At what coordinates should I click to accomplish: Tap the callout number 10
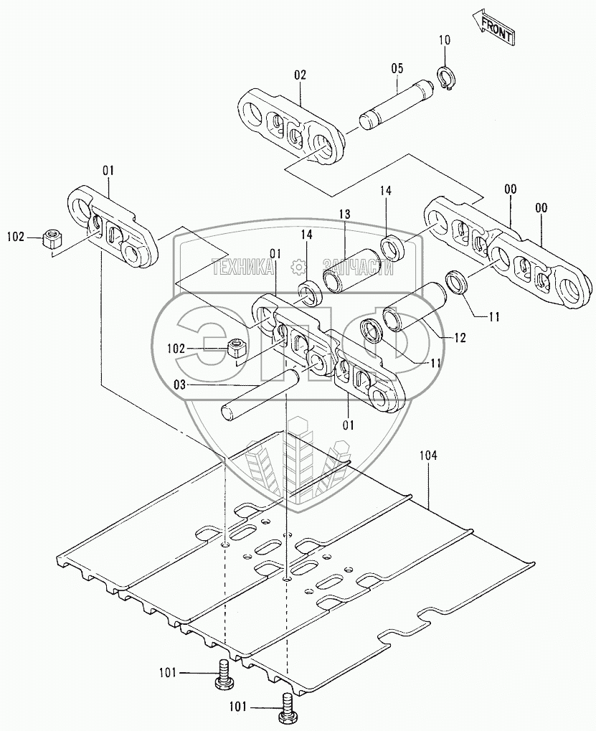click(x=444, y=39)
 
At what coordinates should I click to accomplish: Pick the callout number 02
click(x=299, y=74)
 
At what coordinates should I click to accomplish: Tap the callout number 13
click(x=344, y=214)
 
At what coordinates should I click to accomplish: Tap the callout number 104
click(x=428, y=456)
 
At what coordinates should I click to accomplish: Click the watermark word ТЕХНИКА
click(x=243, y=268)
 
